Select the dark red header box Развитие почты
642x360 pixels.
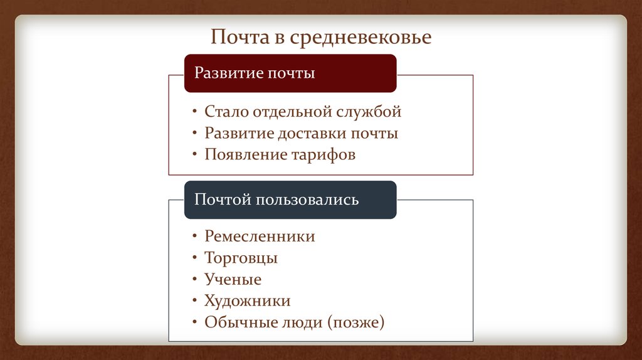tap(290, 73)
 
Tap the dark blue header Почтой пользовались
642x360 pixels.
tap(290, 199)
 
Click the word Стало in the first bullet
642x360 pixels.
tap(226, 112)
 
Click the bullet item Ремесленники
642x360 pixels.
tap(260, 236)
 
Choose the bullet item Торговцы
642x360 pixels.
tap(241, 258)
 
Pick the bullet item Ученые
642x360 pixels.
tap(233, 280)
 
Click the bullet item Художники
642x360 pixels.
tap(247, 301)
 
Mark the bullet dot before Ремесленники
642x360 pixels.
tap(195, 237)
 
